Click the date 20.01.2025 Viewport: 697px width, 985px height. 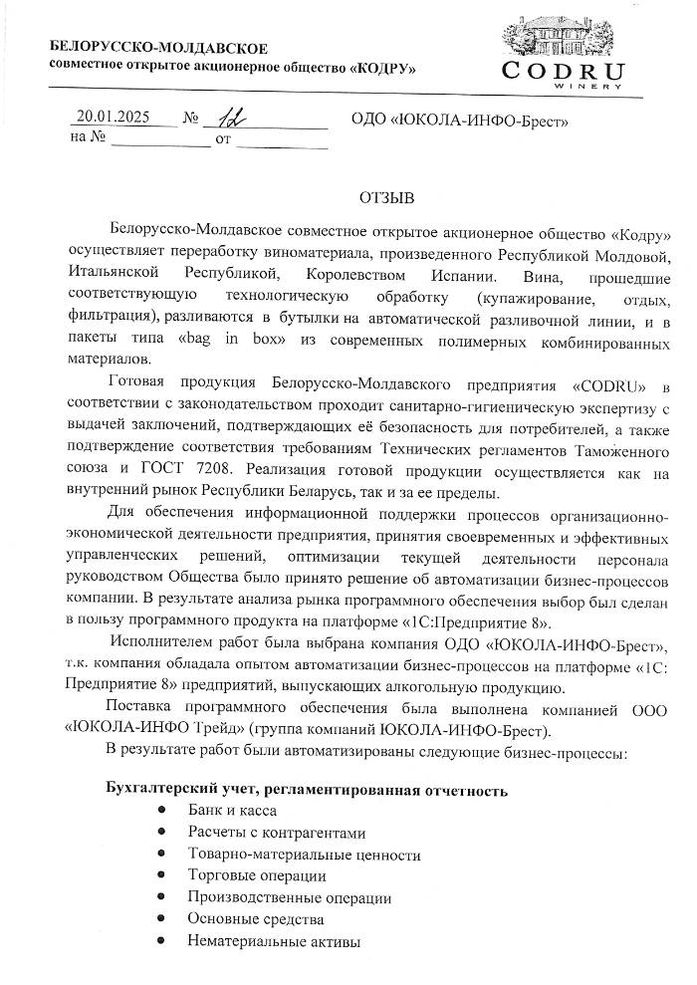114,117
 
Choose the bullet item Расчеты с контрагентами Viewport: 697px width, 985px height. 278,833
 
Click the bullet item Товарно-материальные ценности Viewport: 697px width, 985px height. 304,855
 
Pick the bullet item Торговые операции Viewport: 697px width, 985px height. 257,875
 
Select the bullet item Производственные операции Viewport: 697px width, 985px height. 290,897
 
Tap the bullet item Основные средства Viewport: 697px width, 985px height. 256,918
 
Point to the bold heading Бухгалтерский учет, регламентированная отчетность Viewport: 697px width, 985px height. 308,790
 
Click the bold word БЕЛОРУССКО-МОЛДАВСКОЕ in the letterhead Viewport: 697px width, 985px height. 159,49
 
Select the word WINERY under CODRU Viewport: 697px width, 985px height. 578,87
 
